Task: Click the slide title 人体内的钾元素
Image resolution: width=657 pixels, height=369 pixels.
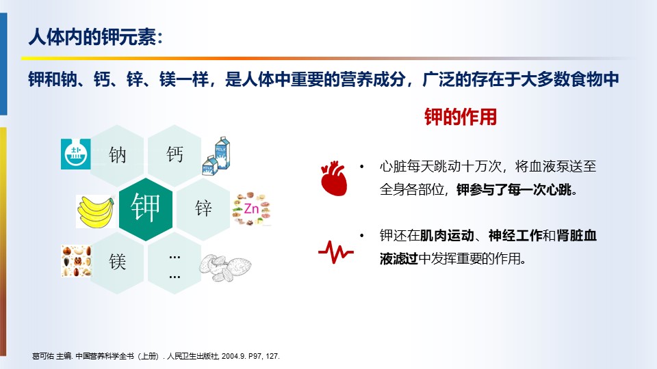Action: click(x=96, y=37)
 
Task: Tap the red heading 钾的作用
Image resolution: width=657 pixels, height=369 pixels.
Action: click(x=461, y=117)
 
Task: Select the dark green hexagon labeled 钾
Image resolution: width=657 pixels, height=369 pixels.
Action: click(x=146, y=209)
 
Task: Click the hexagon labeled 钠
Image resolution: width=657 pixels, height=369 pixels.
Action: click(x=117, y=155)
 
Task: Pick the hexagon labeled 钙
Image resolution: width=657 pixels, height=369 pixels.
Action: click(x=175, y=155)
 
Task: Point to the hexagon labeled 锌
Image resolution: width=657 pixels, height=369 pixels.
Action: click(x=203, y=209)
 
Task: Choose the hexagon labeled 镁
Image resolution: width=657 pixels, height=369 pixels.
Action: click(x=117, y=262)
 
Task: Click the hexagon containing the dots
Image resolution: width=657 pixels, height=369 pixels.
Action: click(x=175, y=262)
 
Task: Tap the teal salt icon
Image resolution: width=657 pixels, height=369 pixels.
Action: click(x=76, y=154)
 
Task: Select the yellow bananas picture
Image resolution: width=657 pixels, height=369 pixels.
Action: click(x=96, y=211)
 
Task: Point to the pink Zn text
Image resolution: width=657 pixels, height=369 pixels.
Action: click(x=251, y=208)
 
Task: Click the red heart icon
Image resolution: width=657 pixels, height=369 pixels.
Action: click(x=334, y=178)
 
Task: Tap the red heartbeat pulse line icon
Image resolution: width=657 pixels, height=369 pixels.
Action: click(x=335, y=252)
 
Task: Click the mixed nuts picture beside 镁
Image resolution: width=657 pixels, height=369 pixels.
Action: click(x=76, y=261)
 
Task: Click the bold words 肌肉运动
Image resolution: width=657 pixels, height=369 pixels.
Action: click(x=447, y=236)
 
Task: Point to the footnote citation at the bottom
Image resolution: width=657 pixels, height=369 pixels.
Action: click(x=156, y=356)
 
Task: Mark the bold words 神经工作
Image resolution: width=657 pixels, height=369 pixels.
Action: click(x=515, y=236)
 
